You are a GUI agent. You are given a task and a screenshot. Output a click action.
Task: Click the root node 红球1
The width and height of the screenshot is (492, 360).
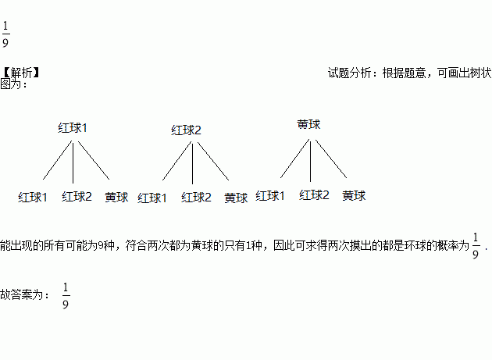[73, 127]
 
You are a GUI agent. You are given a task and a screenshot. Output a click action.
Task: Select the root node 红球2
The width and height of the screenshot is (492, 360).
[187, 130]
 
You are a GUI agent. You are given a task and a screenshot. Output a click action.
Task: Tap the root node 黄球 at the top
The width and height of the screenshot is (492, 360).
[309, 124]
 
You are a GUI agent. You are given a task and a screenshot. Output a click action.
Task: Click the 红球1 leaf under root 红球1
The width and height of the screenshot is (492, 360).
[34, 197]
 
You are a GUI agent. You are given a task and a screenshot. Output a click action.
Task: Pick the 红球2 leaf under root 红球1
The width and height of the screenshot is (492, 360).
[77, 196]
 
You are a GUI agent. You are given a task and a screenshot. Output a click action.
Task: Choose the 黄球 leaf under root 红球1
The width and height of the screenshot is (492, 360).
[116, 197]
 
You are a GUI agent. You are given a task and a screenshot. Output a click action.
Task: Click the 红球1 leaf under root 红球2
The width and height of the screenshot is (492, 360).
[153, 198]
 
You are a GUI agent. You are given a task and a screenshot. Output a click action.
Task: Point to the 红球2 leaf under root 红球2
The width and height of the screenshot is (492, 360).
[197, 198]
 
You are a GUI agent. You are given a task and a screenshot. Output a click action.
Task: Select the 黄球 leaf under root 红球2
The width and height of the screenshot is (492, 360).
[236, 198]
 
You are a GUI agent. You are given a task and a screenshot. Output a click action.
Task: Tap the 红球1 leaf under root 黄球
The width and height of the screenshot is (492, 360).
[271, 195]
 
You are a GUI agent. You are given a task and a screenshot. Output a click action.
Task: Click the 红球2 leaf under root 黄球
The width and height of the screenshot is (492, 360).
[315, 195]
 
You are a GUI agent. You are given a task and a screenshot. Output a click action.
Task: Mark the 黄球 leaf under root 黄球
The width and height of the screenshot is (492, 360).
[354, 195]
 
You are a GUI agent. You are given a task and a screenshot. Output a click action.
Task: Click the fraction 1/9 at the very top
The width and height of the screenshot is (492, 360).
[6, 35]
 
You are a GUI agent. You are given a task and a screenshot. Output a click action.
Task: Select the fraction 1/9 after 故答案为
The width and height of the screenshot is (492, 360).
[66, 297]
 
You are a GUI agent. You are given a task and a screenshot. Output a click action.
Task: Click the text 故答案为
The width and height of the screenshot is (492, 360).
[24, 296]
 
